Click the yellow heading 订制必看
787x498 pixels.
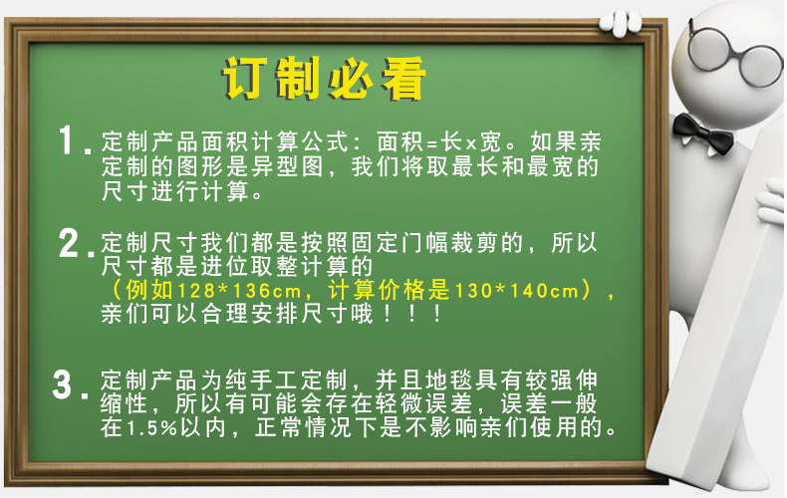(324, 79)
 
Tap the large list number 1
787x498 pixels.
(67, 139)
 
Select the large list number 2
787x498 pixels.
(69, 243)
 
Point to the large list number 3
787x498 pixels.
(62, 385)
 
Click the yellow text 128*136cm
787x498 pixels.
(239, 291)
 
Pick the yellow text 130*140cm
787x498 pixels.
(517, 291)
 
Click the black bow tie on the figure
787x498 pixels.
(702, 133)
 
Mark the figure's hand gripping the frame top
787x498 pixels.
(621, 23)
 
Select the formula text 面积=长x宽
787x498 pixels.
(439, 142)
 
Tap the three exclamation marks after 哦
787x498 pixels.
(412, 315)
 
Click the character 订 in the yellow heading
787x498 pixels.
(243, 79)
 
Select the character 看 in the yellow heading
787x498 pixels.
(403, 79)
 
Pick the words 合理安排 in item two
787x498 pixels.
(250, 315)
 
